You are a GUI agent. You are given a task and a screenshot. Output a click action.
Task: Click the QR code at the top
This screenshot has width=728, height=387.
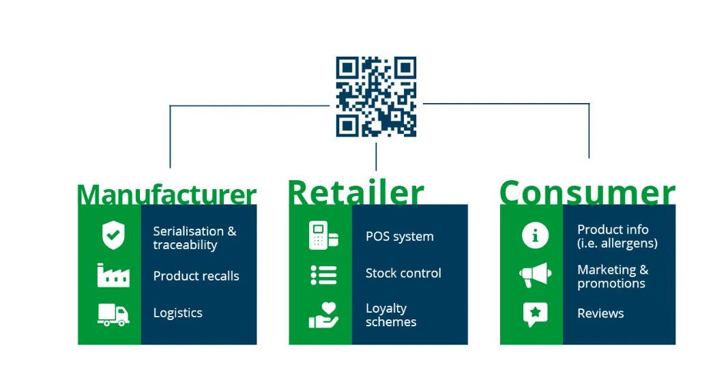(x=376, y=96)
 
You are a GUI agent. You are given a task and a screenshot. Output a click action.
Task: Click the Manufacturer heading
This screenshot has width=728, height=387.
(x=166, y=194)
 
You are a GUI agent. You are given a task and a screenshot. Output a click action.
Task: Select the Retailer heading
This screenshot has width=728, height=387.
(x=355, y=192)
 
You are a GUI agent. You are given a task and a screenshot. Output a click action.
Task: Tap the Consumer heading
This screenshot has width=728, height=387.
(x=587, y=192)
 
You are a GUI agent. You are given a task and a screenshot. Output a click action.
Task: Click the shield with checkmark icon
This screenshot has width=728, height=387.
(x=113, y=235)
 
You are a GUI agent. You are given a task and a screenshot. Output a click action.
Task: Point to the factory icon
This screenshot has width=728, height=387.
(x=113, y=274)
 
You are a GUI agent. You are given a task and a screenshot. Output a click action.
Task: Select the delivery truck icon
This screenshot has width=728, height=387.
(x=113, y=313)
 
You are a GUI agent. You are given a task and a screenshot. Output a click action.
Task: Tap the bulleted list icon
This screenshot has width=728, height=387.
(x=323, y=274)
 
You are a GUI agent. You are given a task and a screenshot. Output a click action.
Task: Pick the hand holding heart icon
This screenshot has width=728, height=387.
(x=323, y=315)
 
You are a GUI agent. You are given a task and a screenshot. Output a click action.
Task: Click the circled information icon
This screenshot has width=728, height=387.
(x=535, y=235)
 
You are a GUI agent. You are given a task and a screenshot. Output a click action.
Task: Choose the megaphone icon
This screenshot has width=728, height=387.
(x=535, y=275)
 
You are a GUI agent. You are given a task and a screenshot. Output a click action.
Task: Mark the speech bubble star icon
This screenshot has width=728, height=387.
(x=535, y=313)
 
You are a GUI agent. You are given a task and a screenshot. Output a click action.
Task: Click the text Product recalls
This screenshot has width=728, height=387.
(x=196, y=276)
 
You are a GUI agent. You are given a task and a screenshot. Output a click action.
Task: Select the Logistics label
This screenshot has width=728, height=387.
(x=177, y=313)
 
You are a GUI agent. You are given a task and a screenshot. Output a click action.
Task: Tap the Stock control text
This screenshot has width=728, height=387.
(x=403, y=273)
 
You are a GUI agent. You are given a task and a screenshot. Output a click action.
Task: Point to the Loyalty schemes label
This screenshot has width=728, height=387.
(x=390, y=315)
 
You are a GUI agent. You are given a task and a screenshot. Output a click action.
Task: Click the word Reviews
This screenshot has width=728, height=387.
(x=600, y=313)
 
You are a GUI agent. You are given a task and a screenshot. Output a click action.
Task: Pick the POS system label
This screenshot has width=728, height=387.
(x=399, y=237)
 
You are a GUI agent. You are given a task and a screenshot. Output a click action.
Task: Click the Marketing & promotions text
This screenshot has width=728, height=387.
(x=612, y=276)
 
